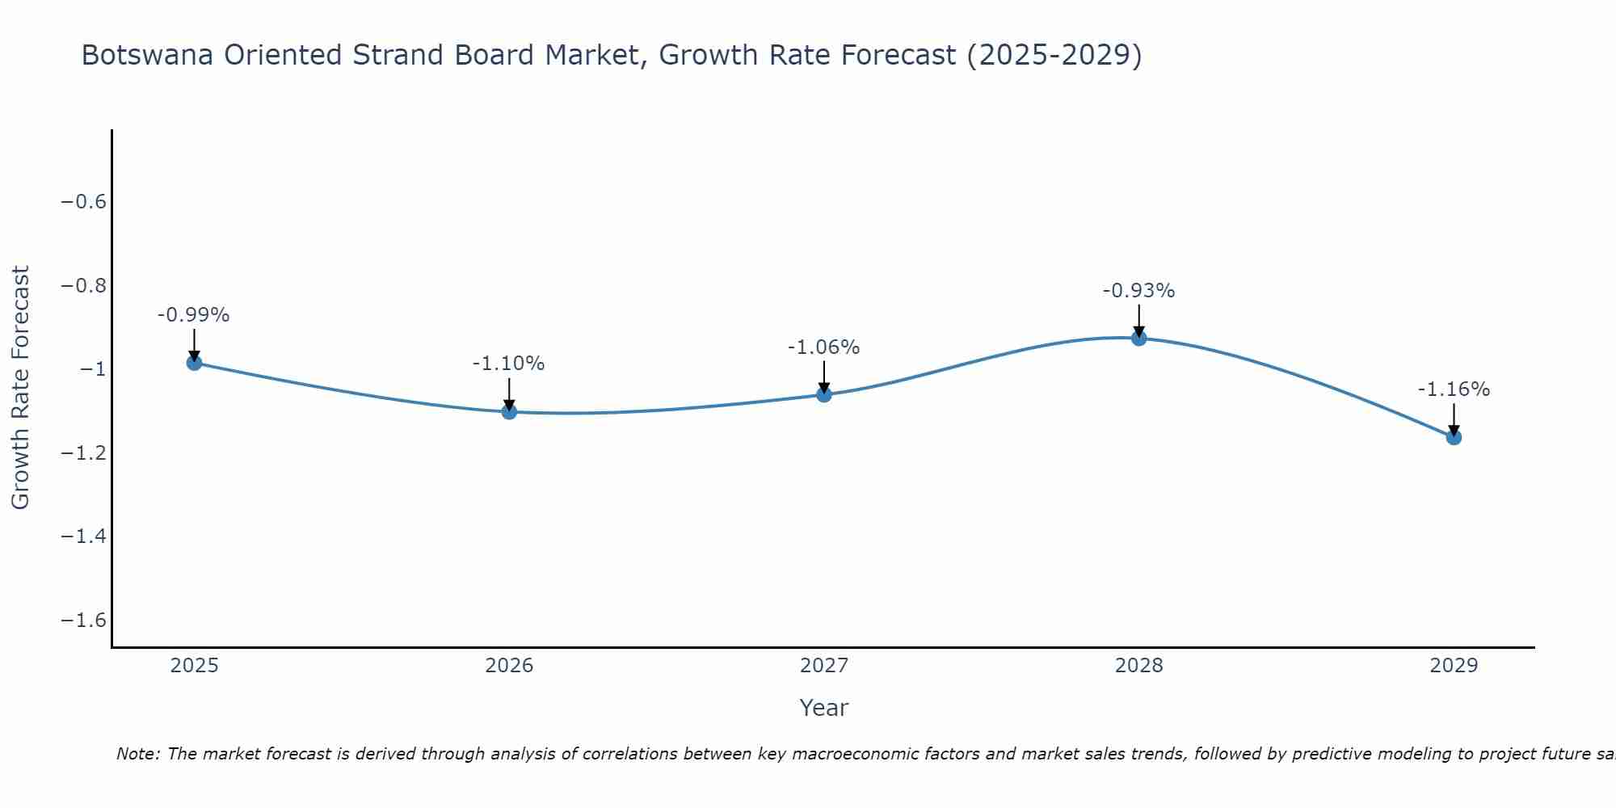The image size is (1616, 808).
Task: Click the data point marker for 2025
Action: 194,363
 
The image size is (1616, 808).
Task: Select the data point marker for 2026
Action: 509,412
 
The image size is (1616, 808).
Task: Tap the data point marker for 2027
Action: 824,394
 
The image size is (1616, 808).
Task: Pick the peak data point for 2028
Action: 1138,338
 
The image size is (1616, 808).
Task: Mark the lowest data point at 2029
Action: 1454,437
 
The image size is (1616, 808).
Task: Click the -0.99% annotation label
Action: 194,315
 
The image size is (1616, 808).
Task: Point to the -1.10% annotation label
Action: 509,364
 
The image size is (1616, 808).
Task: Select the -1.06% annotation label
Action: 824,347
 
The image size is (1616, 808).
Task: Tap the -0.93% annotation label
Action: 1138,291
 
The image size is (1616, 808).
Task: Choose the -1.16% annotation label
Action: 1454,389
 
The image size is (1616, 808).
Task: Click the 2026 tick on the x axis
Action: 509,666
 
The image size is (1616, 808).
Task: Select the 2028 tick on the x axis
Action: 1138,666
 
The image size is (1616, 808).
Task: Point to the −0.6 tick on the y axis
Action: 84,202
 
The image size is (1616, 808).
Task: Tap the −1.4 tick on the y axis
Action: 84,537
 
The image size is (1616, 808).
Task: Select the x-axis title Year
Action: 823,708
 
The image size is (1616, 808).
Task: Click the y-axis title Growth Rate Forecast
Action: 21,388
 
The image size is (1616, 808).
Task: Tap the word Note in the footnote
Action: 137,755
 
